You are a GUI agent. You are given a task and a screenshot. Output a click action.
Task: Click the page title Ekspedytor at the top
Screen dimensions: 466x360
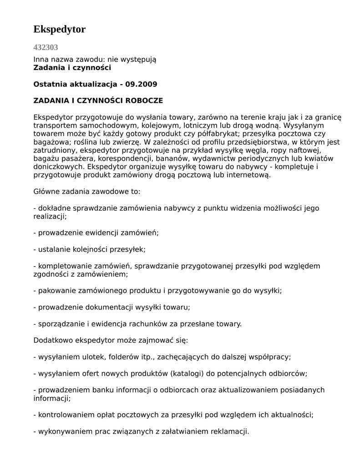pyautogui.click(x=59, y=30)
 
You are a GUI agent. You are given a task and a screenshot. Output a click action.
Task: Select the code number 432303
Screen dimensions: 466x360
pyautogui.click(x=46, y=47)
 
